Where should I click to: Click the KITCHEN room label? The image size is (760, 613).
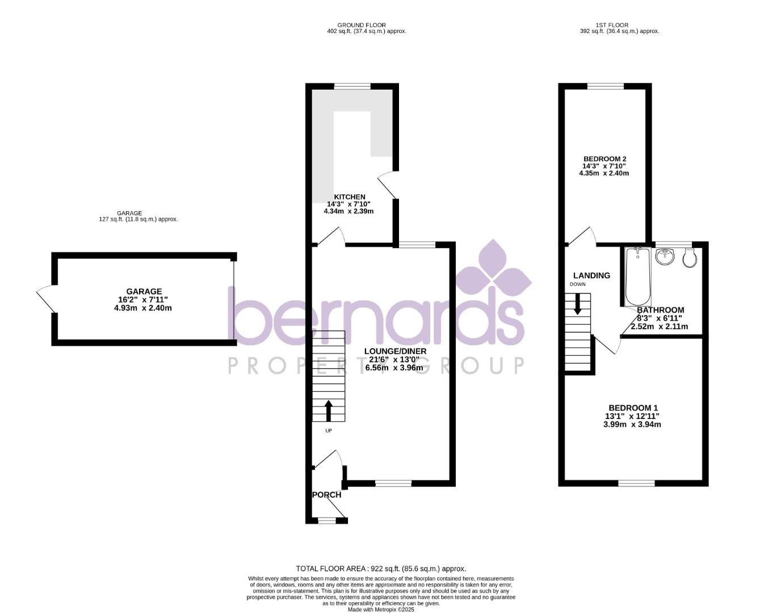tap(350, 197)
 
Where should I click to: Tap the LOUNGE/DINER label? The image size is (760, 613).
tap(395, 351)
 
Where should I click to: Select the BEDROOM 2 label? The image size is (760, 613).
tap(605, 159)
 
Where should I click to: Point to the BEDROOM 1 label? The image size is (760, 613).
tap(633, 408)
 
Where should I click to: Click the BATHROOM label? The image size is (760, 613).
tap(660, 310)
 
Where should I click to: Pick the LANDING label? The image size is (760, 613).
tap(591, 275)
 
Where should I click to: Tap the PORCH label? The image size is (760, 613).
tap(327, 494)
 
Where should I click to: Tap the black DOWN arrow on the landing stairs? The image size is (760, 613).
tap(578, 304)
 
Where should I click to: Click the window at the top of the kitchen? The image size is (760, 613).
tap(352, 86)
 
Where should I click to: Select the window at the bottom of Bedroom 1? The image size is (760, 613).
tap(636, 483)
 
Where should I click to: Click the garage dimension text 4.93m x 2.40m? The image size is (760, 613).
tap(142, 308)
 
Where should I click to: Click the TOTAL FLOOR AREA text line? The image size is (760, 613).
tap(381, 568)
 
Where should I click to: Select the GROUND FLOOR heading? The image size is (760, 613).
tap(362, 25)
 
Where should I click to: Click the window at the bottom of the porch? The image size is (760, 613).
tap(327, 520)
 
